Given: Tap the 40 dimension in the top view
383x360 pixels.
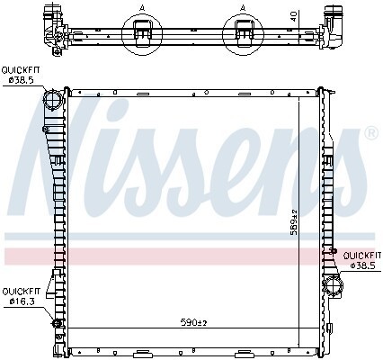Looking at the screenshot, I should [294, 14].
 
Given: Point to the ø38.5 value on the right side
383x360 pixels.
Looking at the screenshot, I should [361, 265].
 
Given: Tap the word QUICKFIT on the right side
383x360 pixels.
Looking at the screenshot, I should [361, 255].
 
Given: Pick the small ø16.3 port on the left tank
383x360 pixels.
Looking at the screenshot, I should [58, 323].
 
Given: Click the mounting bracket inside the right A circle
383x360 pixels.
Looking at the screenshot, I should [244, 33].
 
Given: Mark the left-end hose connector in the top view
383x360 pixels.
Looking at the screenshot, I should [47, 21].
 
